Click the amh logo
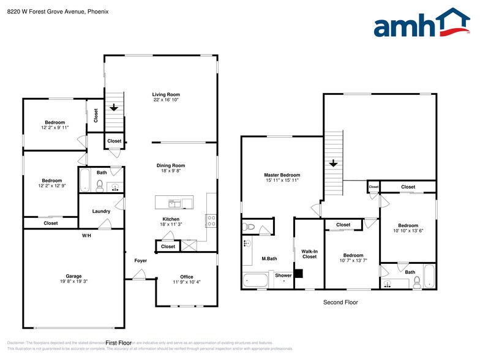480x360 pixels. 422,24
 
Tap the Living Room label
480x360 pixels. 166,94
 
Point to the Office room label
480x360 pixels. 187,277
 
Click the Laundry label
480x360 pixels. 101,211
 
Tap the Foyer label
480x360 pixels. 141,261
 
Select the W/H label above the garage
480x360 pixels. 87,235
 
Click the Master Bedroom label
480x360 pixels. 282,175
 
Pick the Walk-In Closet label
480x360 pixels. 309,253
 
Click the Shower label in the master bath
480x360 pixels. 283,276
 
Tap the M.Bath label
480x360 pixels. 269,258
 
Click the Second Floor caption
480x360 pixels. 340,302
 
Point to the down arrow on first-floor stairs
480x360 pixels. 114,107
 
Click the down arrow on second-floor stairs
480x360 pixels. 332,163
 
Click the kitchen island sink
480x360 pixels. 173,202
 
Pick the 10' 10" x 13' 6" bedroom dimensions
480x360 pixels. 408,231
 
